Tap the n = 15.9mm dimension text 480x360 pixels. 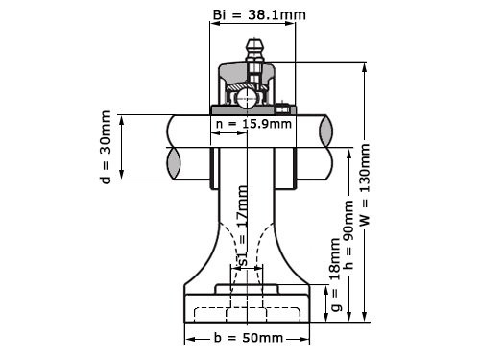click(253, 123)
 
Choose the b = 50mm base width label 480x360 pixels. click(247, 339)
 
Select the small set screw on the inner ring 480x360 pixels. click(285, 108)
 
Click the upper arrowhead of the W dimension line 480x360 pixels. click(365, 68)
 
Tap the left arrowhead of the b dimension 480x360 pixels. click(188, 339)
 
